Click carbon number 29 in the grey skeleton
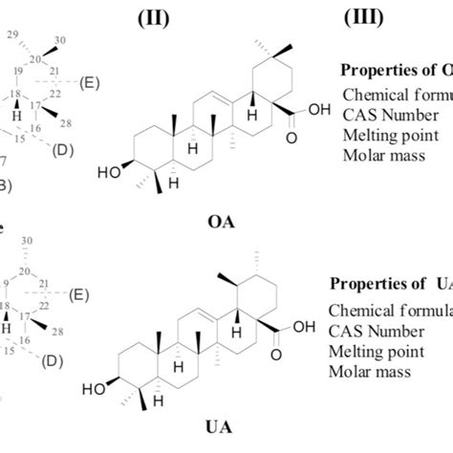click(x=13, y=35)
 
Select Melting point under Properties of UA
click(x=374, y=350)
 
